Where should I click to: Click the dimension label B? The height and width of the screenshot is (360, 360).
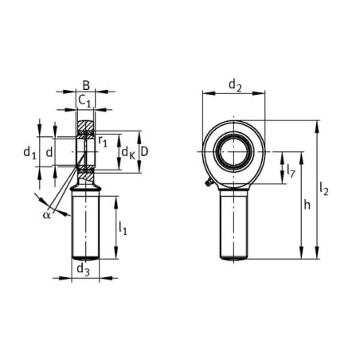click(86, 86)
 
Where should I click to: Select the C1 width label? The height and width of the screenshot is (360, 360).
click(84, 101)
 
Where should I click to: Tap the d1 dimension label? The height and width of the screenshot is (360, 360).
click(29, 153)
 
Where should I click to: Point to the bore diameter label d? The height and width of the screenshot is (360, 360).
click(49, 152)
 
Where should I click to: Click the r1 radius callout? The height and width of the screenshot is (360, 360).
click(103, 141)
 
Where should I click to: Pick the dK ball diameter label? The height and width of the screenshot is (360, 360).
click(128, 153)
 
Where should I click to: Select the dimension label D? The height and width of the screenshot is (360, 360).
click(143, 152)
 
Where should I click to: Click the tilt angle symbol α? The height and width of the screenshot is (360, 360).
click(46, 215)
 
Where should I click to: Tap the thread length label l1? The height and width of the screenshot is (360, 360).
click(123, 228)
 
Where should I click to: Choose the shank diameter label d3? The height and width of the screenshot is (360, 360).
click(83, 269)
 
